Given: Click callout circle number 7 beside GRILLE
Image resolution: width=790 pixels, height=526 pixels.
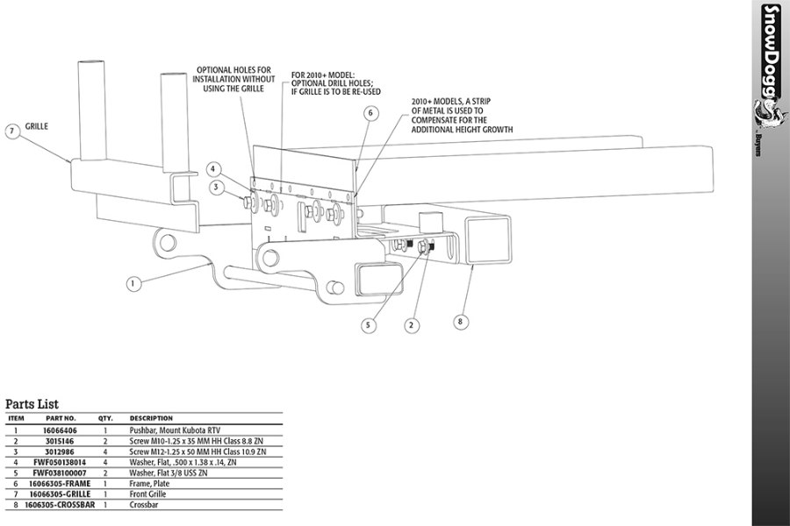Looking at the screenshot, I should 12,131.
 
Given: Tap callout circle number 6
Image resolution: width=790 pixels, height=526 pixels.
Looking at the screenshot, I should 370,113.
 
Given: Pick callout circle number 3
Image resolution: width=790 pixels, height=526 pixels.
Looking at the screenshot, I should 213,187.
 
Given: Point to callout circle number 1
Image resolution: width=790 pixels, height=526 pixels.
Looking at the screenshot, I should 133,283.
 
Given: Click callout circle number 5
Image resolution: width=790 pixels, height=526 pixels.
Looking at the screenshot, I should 370,324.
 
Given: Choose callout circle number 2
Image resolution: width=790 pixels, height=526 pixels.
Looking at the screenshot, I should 410,324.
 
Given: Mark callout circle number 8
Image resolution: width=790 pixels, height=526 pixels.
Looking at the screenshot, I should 460,321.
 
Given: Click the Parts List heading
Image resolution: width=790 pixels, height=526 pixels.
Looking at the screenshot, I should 32,404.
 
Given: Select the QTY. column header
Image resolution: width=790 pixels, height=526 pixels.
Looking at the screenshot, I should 105,418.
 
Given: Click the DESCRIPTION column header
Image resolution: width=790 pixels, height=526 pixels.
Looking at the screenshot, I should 151,418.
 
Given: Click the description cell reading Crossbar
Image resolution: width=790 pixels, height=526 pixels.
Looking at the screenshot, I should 144,504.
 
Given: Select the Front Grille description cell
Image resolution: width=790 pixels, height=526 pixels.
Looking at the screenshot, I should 149,494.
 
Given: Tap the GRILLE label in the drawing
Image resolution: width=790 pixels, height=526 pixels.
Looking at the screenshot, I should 37,126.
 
